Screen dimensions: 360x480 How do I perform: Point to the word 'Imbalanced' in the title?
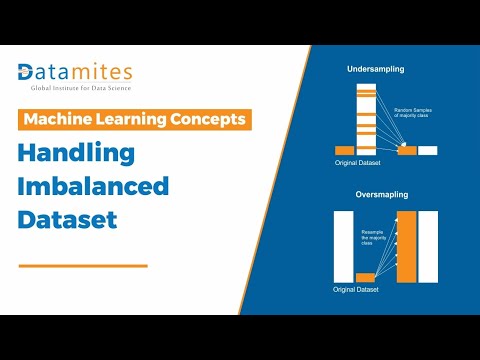coord(94,187)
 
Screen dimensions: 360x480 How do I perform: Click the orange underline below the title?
coord(83,265)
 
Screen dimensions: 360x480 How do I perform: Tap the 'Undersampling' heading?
coord(374,70)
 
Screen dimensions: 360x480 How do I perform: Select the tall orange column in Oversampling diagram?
coord(406,245)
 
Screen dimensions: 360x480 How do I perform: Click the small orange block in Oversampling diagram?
coord(365,277)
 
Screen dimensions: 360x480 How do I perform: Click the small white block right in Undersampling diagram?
coord(428,150)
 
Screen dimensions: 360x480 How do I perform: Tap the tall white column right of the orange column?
coord(430,245)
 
